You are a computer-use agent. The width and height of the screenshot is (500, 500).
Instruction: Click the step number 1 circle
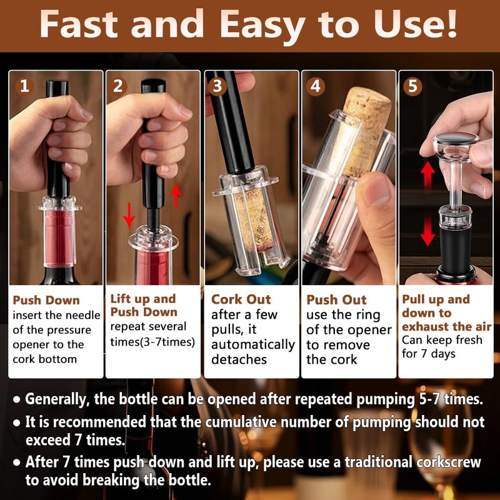pos(24,86)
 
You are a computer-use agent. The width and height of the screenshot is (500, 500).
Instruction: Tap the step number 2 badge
pos(118,86)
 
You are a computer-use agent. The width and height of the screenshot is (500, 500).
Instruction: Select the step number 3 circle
pos(217,86)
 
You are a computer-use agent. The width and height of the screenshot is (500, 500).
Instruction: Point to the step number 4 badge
pos(316,86)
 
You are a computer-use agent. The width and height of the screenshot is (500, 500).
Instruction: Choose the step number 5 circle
pos(412,86)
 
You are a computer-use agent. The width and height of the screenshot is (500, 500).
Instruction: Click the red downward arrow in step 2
pos(129,215)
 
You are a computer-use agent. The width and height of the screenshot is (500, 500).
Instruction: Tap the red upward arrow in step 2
pos(176,196)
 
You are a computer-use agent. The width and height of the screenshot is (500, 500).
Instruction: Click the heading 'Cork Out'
pos(241,299)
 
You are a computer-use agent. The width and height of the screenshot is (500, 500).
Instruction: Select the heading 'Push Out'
pos(336,300)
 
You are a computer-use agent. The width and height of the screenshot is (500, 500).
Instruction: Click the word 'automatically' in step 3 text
pos(253,345)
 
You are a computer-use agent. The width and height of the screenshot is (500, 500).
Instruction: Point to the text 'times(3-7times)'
pos(152,342)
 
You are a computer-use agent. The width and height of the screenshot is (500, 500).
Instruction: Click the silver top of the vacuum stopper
pos(456,139)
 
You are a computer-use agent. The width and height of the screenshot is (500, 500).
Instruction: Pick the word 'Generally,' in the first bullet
pos(57,399)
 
